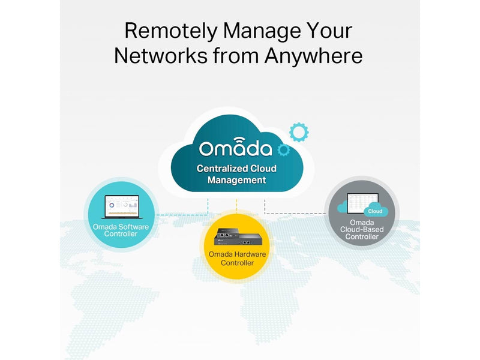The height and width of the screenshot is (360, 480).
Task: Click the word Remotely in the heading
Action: click(x=171, y=31)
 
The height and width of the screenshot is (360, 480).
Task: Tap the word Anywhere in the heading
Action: click(x=313, y=56)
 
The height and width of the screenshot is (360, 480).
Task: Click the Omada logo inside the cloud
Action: click(x=235, y=147)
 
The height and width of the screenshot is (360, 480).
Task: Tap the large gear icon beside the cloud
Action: click(x=299, y=132)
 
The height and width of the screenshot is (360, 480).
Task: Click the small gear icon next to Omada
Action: click(x=283, y=149)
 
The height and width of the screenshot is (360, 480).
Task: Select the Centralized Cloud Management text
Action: click(x=236, y=174)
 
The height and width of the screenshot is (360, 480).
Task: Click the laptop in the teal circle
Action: click(x=122, y=206)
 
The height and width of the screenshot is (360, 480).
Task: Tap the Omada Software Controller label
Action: click(x=121, y=230)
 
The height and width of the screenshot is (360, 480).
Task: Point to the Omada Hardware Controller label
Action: click(x=237, y=259)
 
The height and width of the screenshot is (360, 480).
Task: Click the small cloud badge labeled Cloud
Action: click(x=376, y=211)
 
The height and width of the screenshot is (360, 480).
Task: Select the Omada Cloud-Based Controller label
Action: click(x=362, y=230)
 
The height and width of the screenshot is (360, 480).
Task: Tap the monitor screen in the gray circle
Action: click(x=363, y=203)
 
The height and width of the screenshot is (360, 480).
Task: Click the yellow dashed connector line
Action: click(x=236, y=205)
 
